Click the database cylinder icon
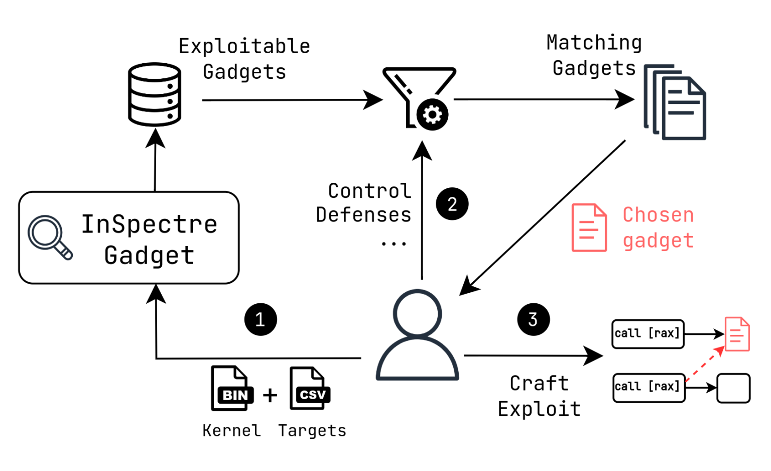(x=155, y=94)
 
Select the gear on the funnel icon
(x=432, y=115)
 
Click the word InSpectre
(x=149, y=224)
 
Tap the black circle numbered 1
(x=261, y=319)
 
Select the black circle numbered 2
(x=452, y=204)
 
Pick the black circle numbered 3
(x=533, y=319)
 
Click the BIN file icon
(x=232, y=389)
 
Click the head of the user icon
(x=418, y=313)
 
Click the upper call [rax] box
(x=648, y=334)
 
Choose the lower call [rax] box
(x=649, y=387)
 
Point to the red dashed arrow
(x=704, y=365)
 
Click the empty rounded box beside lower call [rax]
(x=733, y=388)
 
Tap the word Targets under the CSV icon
(x=312, y=431)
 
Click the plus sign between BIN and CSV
(x=270, y=395)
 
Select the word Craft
(x=539, y=384)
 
